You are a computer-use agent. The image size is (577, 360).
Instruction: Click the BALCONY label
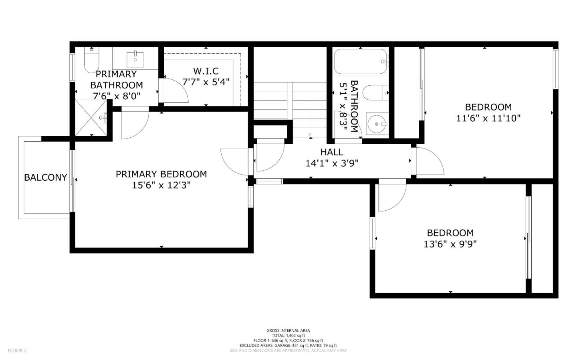pyautogui.click(x=45, y=177)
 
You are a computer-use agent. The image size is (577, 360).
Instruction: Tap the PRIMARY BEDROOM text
pyautogui.click(x=161, y=174)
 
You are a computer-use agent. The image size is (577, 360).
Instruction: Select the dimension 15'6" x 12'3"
pyautogui.click(x=161, y=185)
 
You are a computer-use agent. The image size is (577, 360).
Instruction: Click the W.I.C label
pyautogui.click(x=206, y=71)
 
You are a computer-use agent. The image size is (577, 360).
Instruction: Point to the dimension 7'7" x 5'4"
pyautogui.click(x=206, y=82)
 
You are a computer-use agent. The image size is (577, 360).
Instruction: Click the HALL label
pyautogui.click(x=331, y=152)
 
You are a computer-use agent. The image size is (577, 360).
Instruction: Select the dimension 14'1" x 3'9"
pyautogui.click(x=331, y=163)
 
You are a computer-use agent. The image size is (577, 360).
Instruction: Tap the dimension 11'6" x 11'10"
pyautogui.click(x=488, y=119)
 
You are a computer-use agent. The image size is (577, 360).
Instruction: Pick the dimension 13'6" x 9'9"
pyautogui.click(x=450, y=244)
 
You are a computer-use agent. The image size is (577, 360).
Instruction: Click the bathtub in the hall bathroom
pyautogui.click(x=361, y=62)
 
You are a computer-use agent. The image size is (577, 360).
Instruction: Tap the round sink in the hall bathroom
pyautogui.click(x=377, y=124)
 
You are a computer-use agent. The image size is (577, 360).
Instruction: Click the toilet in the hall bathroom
pyautogui.click(x=375, y=93)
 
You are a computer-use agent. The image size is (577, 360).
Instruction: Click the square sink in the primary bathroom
pyautogui.click(x=135, y=59)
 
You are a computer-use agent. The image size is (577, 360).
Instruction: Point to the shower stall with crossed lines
pyautogui.click(x=91, y=118)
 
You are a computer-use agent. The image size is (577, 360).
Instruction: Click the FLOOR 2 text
pyautogui.click(x=17, y=351)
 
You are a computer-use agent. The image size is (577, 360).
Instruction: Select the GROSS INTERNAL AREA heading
pyautogui.click(x=288, y=330)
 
